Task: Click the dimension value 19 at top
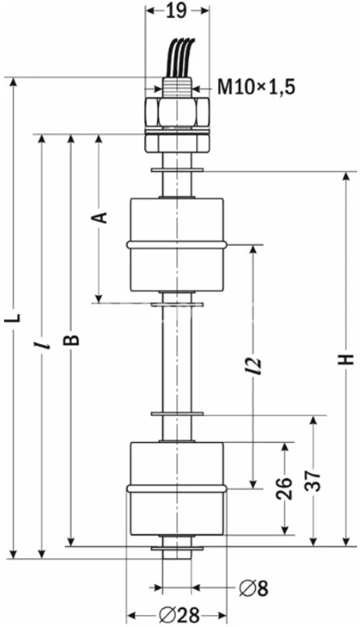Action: click(x=177, y=11)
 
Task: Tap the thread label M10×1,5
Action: click(x=256, y=87)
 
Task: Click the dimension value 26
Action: click(x=285, y=487)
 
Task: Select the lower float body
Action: click(x=176, y=488)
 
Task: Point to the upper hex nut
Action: click(x=176, y=111)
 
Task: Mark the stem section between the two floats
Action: click(x=176, y=357)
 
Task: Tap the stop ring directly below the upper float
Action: click(x=176, y=295)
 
